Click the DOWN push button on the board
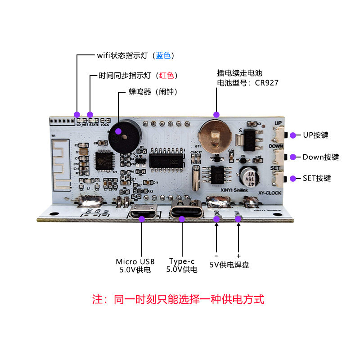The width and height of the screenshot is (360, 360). click(280, 157)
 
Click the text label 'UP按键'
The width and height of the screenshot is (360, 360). click(315, 135)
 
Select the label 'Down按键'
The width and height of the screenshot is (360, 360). click(320, 157)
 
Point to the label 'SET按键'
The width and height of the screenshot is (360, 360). click(317, 178)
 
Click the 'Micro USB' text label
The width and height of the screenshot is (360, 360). click(135, 261)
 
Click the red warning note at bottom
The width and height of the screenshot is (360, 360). click(178, 300)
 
